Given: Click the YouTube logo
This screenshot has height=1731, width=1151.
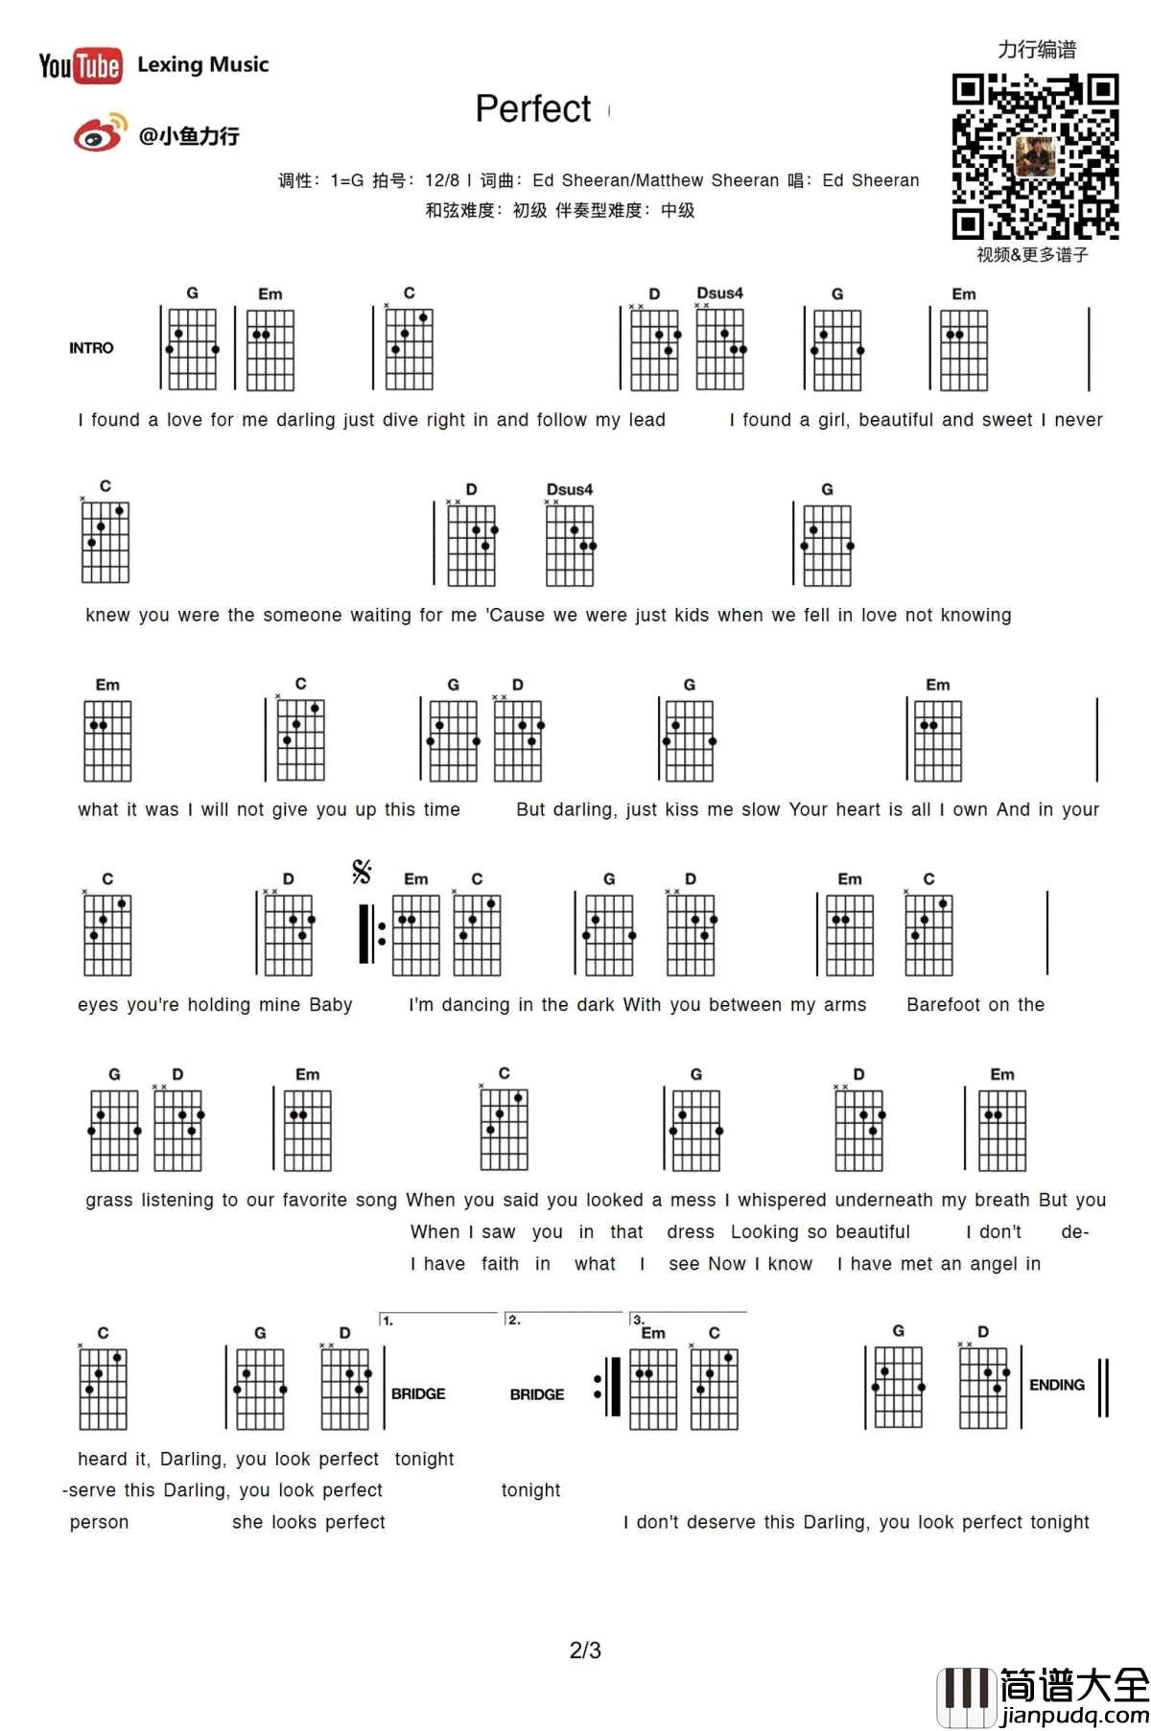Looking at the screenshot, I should (x=81, y=65).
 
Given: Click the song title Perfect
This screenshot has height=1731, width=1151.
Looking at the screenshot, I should (x=533, y=109).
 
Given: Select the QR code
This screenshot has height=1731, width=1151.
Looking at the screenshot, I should (x=1035, y=155).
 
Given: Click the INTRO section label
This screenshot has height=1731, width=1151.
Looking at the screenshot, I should (x=91, y=348).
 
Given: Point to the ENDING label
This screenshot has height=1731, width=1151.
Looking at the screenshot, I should (x=1056, y=1385).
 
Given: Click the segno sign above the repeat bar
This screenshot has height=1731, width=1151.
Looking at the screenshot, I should (x=362, y=871).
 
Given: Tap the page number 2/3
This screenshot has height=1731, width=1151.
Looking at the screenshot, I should (x=585, y=1650).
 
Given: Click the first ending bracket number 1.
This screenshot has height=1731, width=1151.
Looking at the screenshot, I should (x=388, y=1321).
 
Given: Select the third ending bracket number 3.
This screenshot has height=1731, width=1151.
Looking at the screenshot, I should (x=638, y=1321).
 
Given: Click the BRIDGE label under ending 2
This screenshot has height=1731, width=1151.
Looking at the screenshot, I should (x=537, y=1394).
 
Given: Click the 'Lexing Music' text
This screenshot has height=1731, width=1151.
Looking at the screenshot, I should (x=203, y=64).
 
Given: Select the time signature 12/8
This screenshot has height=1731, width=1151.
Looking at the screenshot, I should (x=442, y=180).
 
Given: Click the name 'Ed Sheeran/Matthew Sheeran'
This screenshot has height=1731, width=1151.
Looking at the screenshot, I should (x=656, y=180).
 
